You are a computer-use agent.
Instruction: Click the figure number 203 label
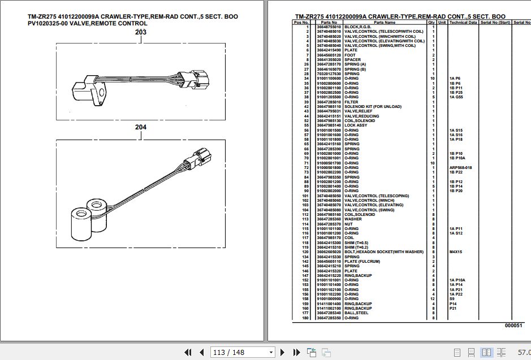coord(141,32)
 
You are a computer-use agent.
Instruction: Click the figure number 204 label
coord(141,127)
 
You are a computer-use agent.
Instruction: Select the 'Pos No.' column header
coord(300,22)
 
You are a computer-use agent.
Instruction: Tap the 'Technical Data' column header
coord(463,22)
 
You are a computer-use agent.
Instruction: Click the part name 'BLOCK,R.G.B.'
coord(359,27)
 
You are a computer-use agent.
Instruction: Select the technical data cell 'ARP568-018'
coord(460,168)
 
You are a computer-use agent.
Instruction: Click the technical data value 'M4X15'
coord(456,252)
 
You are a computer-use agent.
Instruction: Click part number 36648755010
coord(329,27)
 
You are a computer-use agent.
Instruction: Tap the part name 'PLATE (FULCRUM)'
coord(362,262)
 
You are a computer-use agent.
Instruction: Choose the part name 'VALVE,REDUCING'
coord(361,116)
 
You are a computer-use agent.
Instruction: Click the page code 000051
coord(514,326)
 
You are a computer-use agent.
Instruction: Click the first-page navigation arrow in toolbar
coord(188,352)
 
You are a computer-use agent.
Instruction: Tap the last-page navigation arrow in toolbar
coord(295,352)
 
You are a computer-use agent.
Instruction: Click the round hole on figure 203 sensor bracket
coord(101,93)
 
